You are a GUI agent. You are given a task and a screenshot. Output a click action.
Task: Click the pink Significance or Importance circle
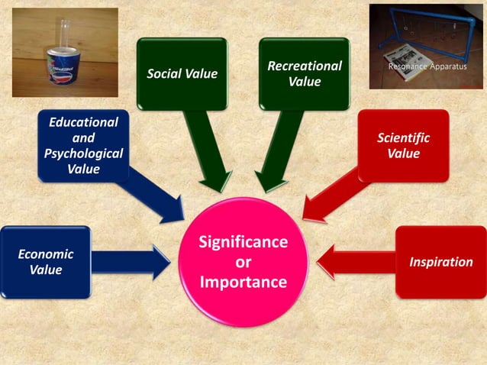243,262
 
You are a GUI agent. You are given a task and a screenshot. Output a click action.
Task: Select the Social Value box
182,74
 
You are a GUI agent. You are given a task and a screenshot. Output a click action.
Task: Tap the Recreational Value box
305,74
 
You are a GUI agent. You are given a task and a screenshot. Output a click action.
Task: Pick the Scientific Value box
404,146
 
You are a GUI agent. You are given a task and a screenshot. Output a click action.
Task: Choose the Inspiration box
441,262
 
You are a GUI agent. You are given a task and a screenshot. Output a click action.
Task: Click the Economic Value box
46,262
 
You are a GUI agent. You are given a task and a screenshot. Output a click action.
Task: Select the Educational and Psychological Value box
83,146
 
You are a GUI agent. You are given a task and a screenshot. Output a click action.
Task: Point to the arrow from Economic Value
131,262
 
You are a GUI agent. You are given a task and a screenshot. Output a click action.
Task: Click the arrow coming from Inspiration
356,262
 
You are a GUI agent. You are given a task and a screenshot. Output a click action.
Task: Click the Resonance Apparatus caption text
427,66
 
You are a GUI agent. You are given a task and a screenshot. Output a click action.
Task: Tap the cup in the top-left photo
63,66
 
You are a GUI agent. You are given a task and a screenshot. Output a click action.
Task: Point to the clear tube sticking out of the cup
65,34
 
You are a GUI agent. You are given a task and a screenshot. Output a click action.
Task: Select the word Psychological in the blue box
83,153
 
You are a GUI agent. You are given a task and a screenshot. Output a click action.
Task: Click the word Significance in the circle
243,242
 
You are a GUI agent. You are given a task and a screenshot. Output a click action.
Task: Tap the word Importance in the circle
243,282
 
